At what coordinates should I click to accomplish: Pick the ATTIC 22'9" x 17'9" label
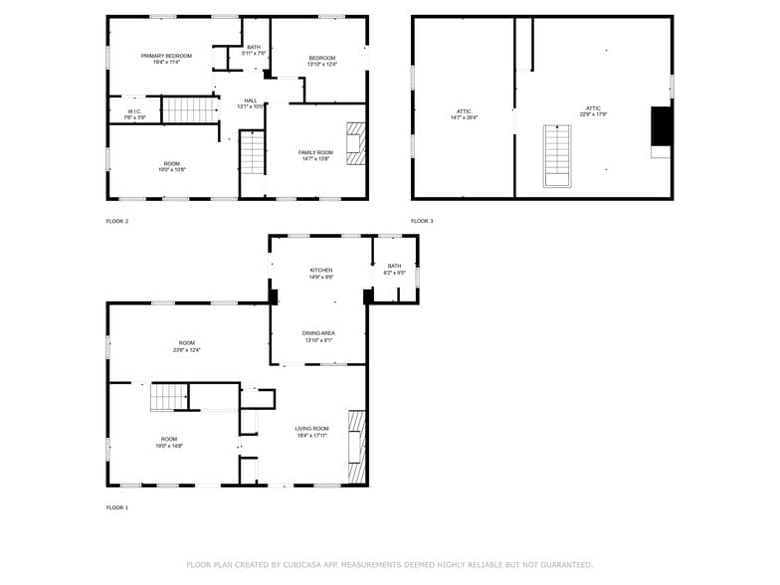click(x=593, y=110)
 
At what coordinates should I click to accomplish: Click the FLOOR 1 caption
click(x=117, y=507)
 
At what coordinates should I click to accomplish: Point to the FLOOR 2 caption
click(x=117, y=221)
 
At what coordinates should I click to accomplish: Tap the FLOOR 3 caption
click(x=422, y=221)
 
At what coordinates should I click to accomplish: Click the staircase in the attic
click(x=557, y=155)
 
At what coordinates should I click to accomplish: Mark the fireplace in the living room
click(x=356, y=446)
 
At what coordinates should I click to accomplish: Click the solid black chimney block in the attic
click(x=661, y=126)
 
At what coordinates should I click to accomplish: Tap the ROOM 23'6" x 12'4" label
click(x=186, y=346)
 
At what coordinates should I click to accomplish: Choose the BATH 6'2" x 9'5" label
click(x=394, y=269)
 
